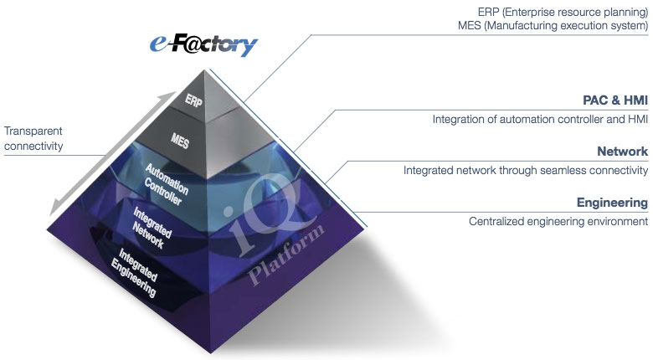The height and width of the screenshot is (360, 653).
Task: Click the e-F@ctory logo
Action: point(204,43)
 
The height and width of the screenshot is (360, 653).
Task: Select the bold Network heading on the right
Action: point(622,152)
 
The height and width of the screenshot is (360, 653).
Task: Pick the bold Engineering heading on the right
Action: point(612,203)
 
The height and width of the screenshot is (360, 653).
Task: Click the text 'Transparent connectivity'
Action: point(33,139)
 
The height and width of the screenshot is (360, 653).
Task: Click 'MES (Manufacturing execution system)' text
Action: point(555,27)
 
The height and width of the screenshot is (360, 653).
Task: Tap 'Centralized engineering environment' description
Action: point(558,221)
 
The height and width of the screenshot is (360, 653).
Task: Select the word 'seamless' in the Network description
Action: point(558,170)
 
